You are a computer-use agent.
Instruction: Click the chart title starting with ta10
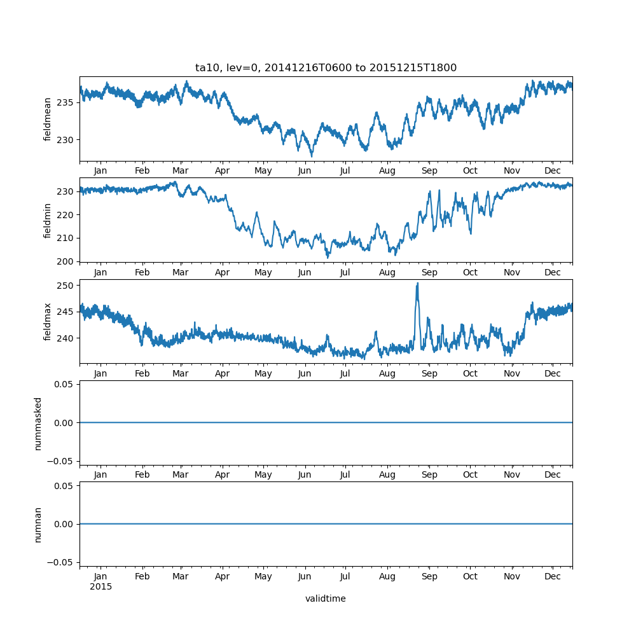pyautogui.click(x=326, y=68)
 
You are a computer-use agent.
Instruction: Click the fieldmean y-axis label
pyautogui.click(x=48, y=119)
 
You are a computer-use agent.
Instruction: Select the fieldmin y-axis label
pyautogui.click(x=48, y=220)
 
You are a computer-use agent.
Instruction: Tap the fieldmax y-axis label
pyautogui.click(x=48, y=321)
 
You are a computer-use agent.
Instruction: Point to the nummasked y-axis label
pyautogui.click(x=38, y=424)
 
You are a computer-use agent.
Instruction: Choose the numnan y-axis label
pyautogui.click(x=38, y=524)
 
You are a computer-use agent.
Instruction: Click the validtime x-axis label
pyautogui.click(x=326, y=598)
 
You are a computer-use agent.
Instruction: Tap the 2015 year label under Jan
pyautogui.click(x=100, y=586)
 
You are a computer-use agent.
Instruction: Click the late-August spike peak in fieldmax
pyautogui.click(x=417, y=284)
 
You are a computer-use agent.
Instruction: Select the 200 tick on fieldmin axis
pyautogui.click(x=66, y=261)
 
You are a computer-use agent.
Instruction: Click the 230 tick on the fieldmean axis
pyautogui.click(x=66, y=140)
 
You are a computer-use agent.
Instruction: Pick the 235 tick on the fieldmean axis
pyautogui.click(x=66, y=102)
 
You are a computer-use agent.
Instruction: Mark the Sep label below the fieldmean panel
pyautogui.click(x=429, y=171)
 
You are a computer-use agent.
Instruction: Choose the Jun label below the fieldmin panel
pyautogui.click(x=305, y=272)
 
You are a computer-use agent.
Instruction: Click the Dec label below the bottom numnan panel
pyautogui.click(x=553, y=576)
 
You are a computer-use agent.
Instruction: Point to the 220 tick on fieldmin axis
pyautogui.click(x=66, y=215)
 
